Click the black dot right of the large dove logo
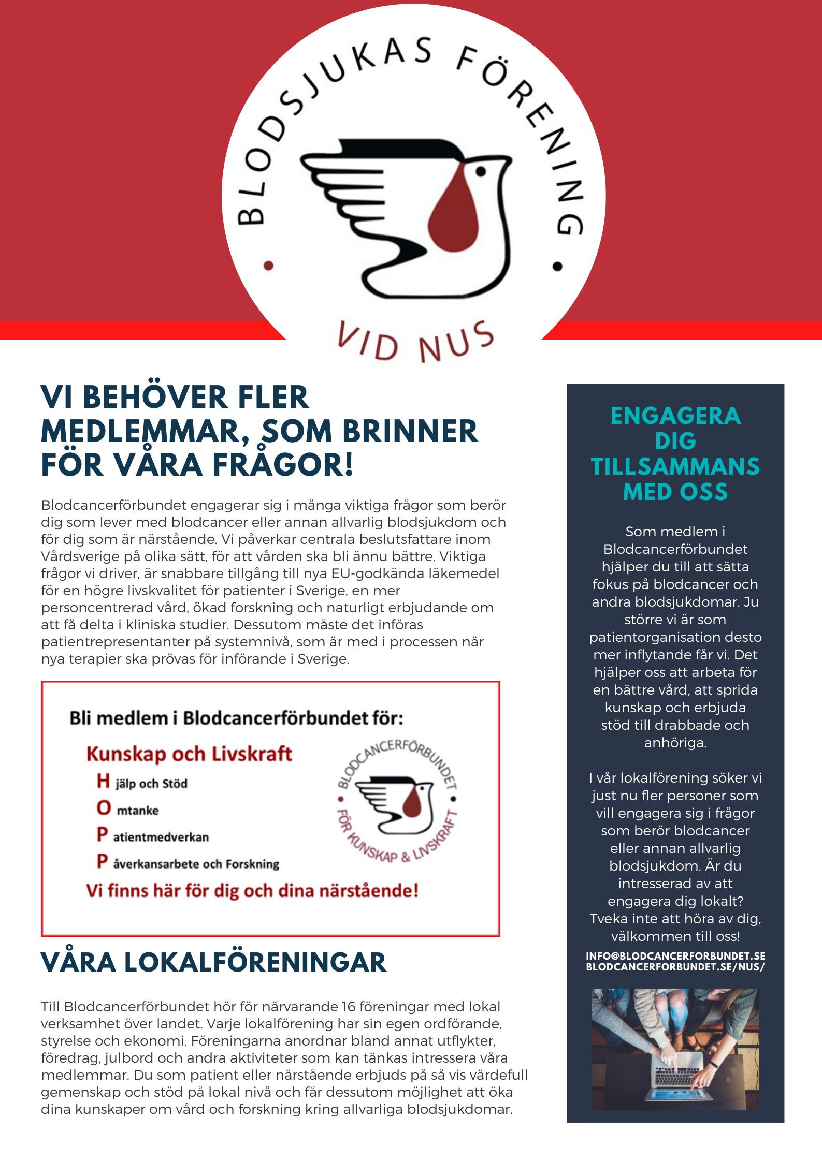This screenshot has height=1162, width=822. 557,267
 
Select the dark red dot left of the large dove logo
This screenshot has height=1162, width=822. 268,266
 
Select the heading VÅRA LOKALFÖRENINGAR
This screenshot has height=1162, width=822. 213,963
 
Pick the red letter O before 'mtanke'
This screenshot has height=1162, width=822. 104,807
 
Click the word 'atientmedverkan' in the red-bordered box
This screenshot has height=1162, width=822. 161,837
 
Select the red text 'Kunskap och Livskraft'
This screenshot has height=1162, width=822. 189,754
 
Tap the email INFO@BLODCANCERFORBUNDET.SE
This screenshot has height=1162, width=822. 675,956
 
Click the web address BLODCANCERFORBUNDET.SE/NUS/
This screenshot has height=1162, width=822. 675,967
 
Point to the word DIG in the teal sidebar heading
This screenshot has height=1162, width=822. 675,441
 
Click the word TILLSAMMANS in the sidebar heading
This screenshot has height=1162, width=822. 675,466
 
